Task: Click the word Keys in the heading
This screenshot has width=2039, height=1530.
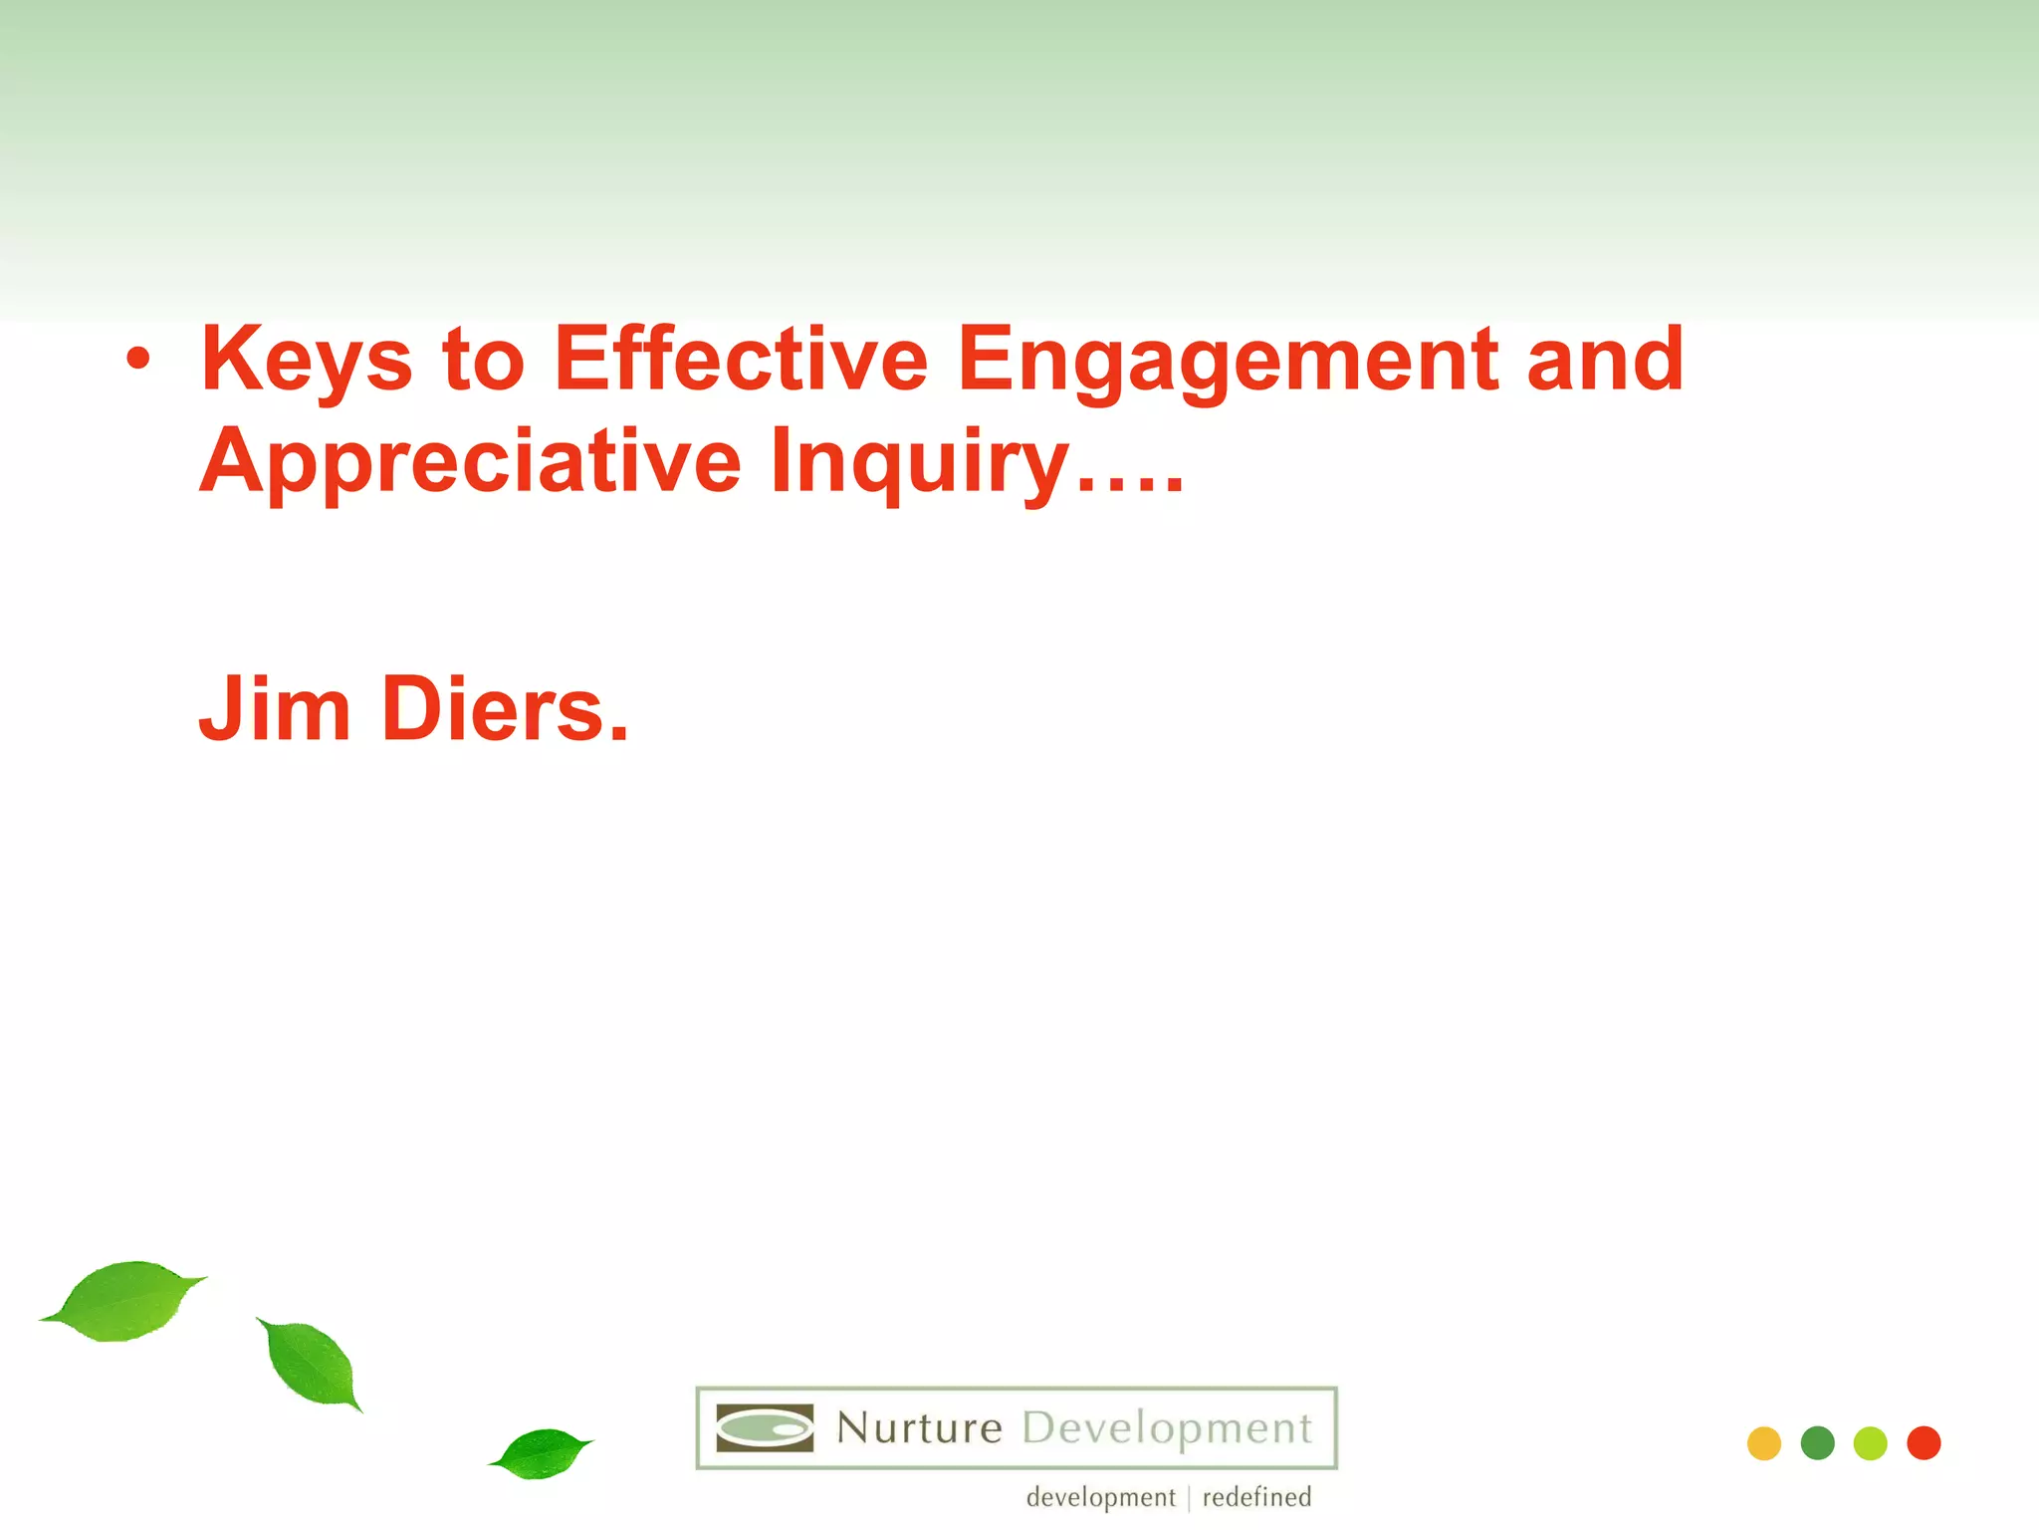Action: pyautogui.click(x=306, y=361)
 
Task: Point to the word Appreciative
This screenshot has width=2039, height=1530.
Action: pyautogui.click(x=470, y=462)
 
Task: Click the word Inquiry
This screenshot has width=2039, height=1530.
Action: pyautogui.click(x=919, y=462)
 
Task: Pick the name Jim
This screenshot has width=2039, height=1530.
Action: pyautogui.click(x=275, y=709)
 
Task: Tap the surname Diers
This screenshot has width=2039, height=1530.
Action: pyautogui.click(x=505, y=709)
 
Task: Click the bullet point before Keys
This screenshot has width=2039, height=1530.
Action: pyautogui.click(x=138, y=361)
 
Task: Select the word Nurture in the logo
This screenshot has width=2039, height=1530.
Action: pyautogui.click(x=919, y=1428)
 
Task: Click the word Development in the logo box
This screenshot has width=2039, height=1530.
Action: pyautogui.click(x=1167, y=1428)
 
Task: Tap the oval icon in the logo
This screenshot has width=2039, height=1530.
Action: pyautogui.click(x=765, y=1428)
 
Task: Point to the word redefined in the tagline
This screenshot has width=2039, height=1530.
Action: pyautogui.click(x=1256, y=1497)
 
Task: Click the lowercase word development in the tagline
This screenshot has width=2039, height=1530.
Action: pyautogui.click(x=1100, y=1497)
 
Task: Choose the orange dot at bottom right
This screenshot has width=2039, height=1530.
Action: pyautogui.click(x=1763, y=1443)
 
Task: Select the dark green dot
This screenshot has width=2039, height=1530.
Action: pyautogui.click(x=1817, y=1443)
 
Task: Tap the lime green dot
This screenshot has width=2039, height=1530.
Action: pyautogui.click(x=1870, y=1443)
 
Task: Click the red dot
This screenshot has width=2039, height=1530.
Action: pyautogui.click(x=1924, y=1443)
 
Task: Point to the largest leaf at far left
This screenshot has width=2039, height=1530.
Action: pyautogui.click(x=124, y=1301)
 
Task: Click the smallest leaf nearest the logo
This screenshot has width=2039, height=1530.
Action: pyautogui.click(x=542, y=1453)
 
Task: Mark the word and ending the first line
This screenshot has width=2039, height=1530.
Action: pyautogui.click(x=1604, y=361)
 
